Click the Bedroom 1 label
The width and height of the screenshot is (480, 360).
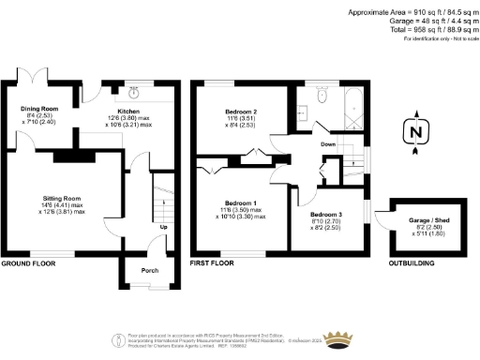tap(240, 202)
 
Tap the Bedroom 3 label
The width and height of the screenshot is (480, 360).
tap(327, 215)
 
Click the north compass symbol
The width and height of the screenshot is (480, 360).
tap(414, 132)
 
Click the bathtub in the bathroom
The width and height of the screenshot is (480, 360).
tap(352, 110)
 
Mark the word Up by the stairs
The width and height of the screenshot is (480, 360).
tap(163, 228)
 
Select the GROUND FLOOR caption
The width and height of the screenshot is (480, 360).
tap(29, 263)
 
